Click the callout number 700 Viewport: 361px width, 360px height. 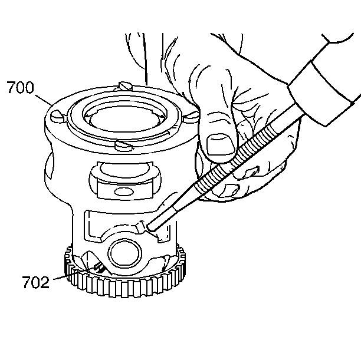coord(20,87)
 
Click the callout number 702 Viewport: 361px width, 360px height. coord(35,282)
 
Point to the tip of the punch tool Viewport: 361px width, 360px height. coord(150,227)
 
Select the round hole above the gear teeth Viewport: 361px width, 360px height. coord(124,253)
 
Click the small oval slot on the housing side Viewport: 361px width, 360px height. coord(124,191)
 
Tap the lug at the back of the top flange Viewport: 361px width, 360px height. coord(124,86)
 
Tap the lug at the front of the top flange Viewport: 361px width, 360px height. coord(124,146)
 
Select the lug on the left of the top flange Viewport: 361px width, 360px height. coord(57,117)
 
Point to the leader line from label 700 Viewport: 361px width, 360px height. coord(43,100)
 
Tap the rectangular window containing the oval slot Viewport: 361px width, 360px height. coord(125,189)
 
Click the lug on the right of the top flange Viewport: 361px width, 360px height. coord(192,116)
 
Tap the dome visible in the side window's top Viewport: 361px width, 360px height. coord(124,169)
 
